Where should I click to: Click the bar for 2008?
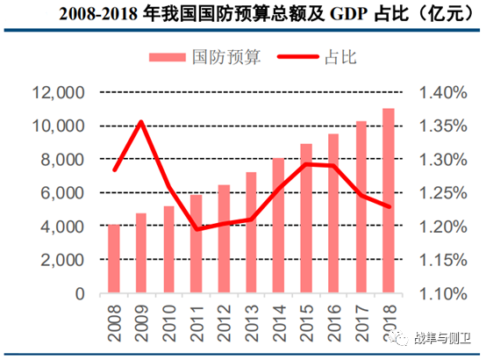tap(114, 259)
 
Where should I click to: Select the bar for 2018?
tap(388, 201)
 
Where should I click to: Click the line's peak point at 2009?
tap(141, 122)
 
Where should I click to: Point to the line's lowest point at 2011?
tap(197, 228)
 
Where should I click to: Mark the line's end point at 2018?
tap(388, 206)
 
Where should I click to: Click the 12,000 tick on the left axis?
tap(56, 92)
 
